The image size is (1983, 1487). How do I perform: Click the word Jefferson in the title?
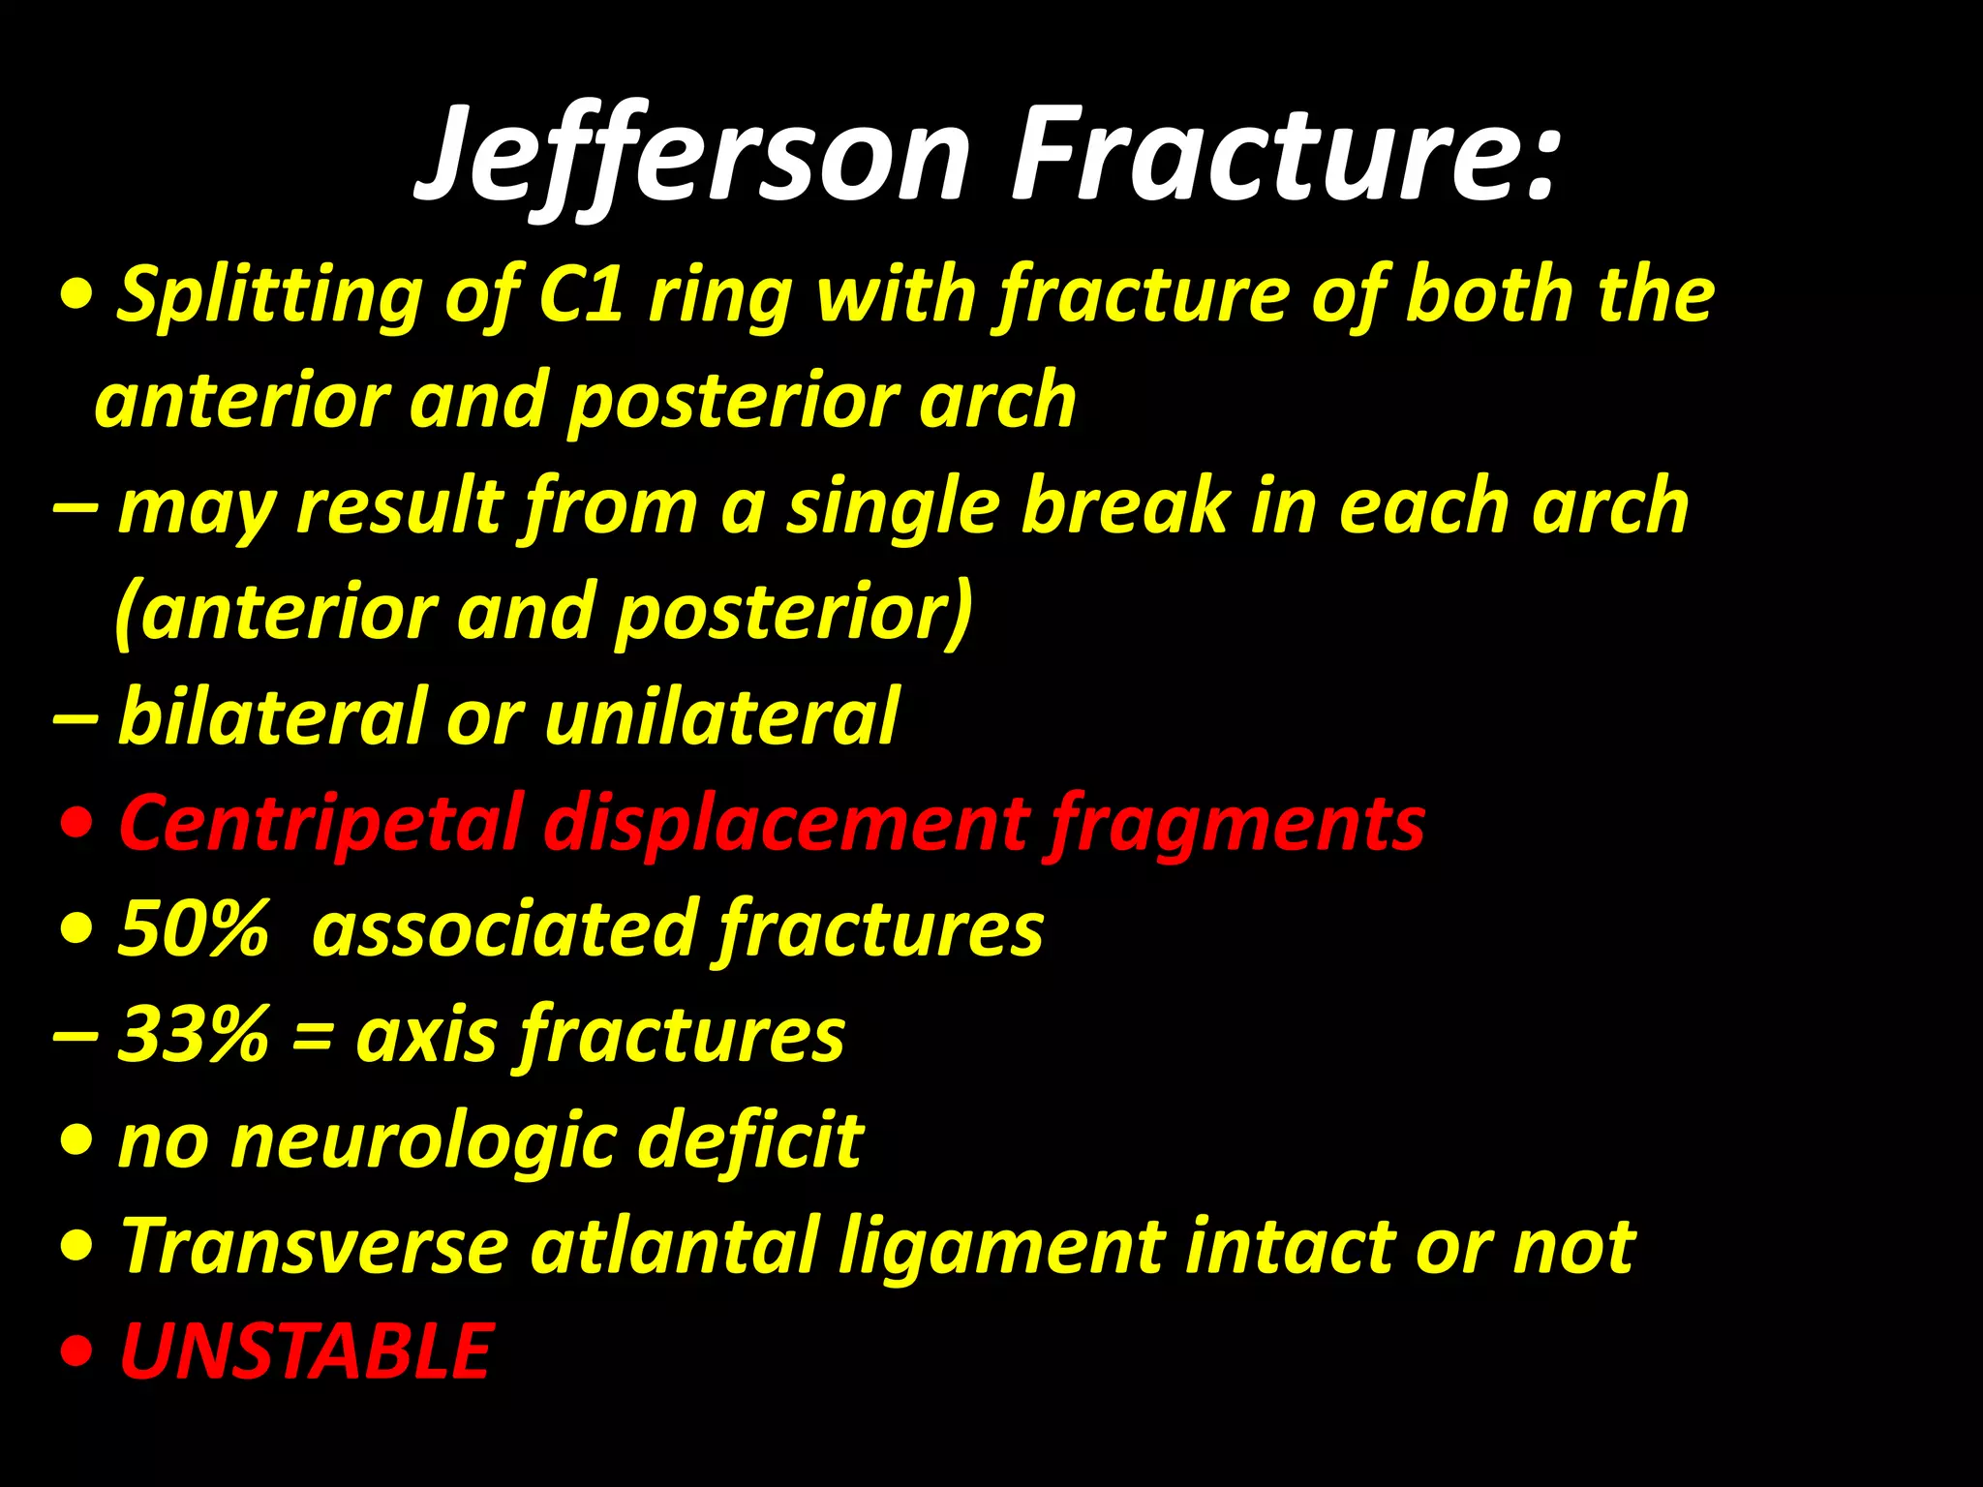click(x=692, y=155)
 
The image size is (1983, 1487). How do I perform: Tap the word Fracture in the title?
click(x=1283, y=155)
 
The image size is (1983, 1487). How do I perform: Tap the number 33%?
click(x=193, y=1034)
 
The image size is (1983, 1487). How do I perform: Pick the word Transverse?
click(x=314, y=1246)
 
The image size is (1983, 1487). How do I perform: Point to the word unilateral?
click(x=722, y=716)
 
